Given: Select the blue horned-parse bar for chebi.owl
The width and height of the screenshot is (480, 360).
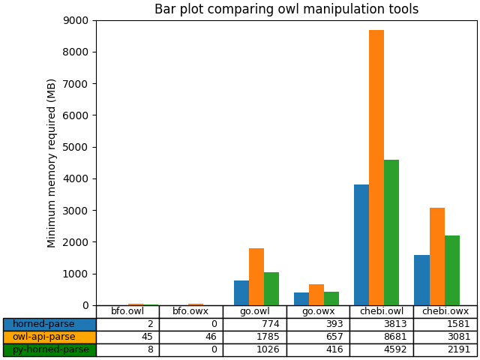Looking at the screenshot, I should pos(361,244).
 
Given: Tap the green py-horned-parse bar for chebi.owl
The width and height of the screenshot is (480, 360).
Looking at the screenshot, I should pos(391,232).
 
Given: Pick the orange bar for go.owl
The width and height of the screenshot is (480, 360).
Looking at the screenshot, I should pos(256,277).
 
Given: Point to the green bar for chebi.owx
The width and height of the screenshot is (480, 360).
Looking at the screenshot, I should pos(452,270).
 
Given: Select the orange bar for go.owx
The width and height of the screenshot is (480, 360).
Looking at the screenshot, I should pos(316,295).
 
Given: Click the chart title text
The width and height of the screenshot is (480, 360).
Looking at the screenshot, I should pos(286,10).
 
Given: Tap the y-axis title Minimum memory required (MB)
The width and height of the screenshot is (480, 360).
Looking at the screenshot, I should pos(52,163).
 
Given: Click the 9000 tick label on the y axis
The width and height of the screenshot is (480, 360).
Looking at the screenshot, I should pos(78,20).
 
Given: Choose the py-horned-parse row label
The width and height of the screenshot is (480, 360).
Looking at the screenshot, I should pos(49,349).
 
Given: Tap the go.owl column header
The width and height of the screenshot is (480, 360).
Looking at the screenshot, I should pos(254,311).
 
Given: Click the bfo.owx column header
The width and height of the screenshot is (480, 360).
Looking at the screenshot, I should pos(190,311).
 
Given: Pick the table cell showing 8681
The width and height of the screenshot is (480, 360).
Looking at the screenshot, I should pos(381,337).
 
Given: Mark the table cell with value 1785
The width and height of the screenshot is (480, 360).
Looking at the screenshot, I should pos(254,337).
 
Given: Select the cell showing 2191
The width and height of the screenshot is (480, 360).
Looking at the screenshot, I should pos(445,349).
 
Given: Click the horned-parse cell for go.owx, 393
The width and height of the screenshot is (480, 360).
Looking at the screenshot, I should pos(318,324).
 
